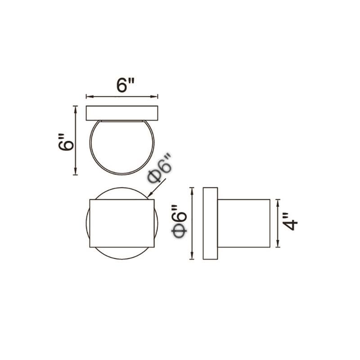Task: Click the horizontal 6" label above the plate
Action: (x=125, y=85)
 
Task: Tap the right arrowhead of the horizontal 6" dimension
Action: (x=154, y=97)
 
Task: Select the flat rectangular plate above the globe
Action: (x=122, y=113)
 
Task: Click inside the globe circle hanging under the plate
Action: (x=122, y=147)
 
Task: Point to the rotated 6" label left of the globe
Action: (x=66, y=142)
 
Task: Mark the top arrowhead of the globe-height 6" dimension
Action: (x=75, y=109)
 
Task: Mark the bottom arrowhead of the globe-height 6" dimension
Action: (x=75, y=171)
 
